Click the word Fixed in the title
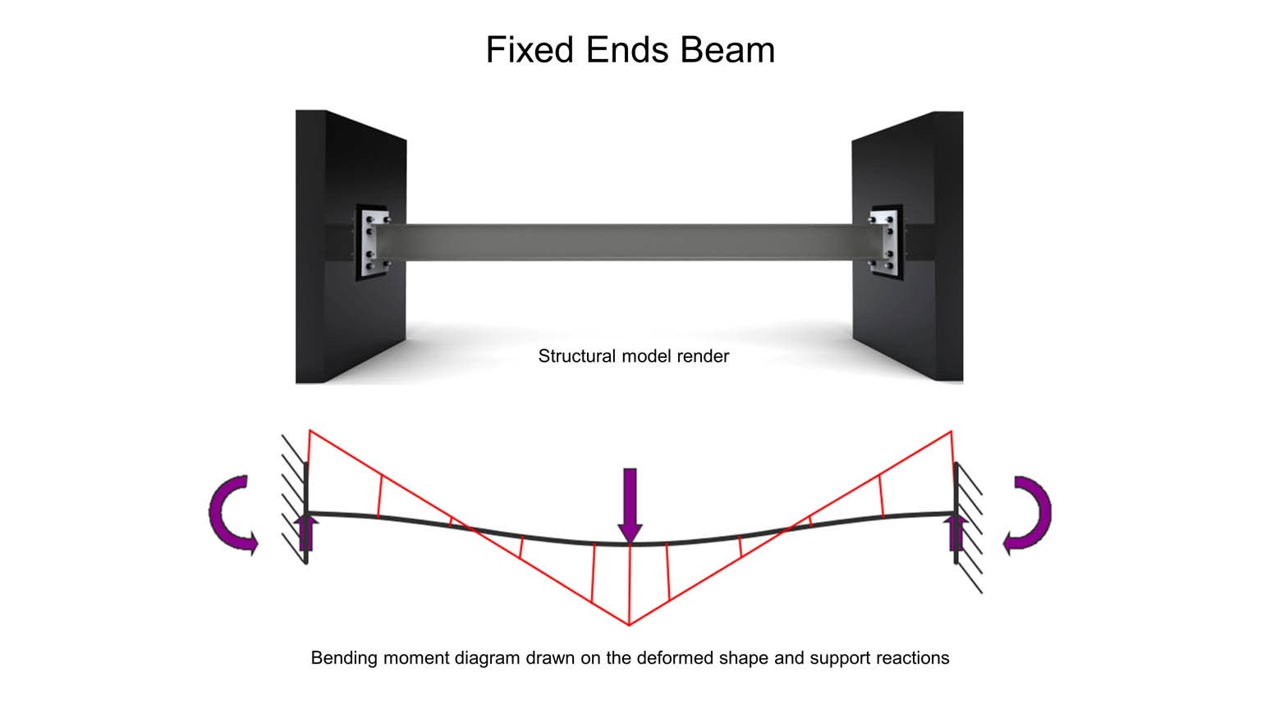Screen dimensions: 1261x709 530,49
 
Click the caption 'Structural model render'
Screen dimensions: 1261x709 633,356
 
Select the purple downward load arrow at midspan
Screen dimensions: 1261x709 630,505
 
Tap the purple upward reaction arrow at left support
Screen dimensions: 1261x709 306,533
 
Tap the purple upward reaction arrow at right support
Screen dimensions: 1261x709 956,533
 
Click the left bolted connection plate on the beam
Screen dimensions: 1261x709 373,242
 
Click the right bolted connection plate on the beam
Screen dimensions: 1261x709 886,242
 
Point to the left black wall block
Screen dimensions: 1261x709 351,246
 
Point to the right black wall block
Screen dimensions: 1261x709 907,246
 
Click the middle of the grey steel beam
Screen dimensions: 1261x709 630,242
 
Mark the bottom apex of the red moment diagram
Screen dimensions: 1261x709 629,624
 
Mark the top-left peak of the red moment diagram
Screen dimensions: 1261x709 310,431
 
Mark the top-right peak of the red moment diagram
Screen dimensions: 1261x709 951,432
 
